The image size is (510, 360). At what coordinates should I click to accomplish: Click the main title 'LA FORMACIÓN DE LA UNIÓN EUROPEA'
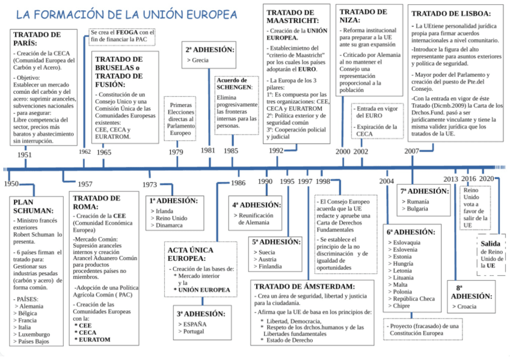tap(126, 14)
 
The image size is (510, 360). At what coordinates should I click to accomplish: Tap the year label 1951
tap(25, 155)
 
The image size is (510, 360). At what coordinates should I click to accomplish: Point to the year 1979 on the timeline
tap(176, 152)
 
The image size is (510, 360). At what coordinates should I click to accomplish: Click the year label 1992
tap(276, 151)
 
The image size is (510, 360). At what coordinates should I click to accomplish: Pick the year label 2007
tap(412, 151)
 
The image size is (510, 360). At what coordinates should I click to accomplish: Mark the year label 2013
tap(450, 179)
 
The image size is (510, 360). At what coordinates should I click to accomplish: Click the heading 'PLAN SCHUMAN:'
tap(34, 206)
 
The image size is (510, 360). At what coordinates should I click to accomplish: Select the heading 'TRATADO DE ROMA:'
tap(96, 203)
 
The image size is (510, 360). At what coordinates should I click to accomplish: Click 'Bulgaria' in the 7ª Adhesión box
tap(421, 209)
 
